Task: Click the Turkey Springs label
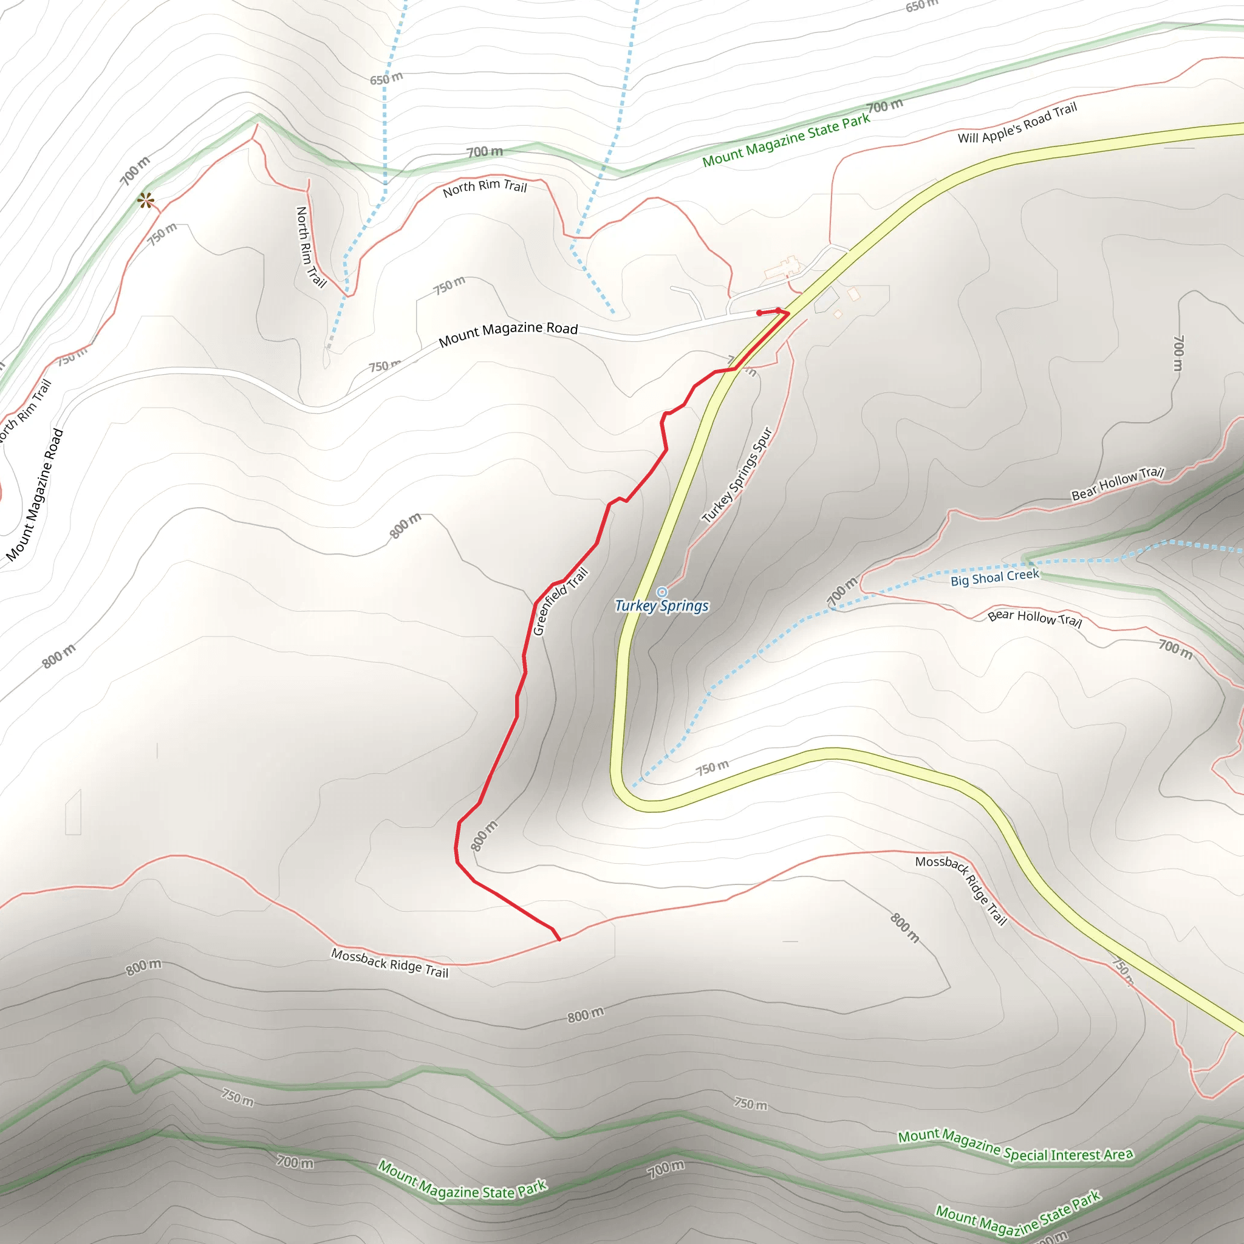[661, 606]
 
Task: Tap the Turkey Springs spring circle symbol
[662, 592]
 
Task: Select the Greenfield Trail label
[560, 601]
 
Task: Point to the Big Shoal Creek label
[995, 577]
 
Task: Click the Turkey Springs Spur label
[737, 475]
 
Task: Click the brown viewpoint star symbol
[146, 201]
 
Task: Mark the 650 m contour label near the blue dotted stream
[386, 78]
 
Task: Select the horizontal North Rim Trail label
[485, 187]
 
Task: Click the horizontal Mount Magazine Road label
[508, 333]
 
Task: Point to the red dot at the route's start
[759, 313]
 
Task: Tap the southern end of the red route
[559, 940]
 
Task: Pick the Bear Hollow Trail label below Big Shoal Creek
[1034, 618]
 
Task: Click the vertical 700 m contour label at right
[1178, 353]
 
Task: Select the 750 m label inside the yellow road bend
[712, 768]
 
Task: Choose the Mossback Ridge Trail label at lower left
[389, 963]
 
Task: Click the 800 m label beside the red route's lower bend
[484, 836]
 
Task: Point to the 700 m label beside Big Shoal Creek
[841, 592]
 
